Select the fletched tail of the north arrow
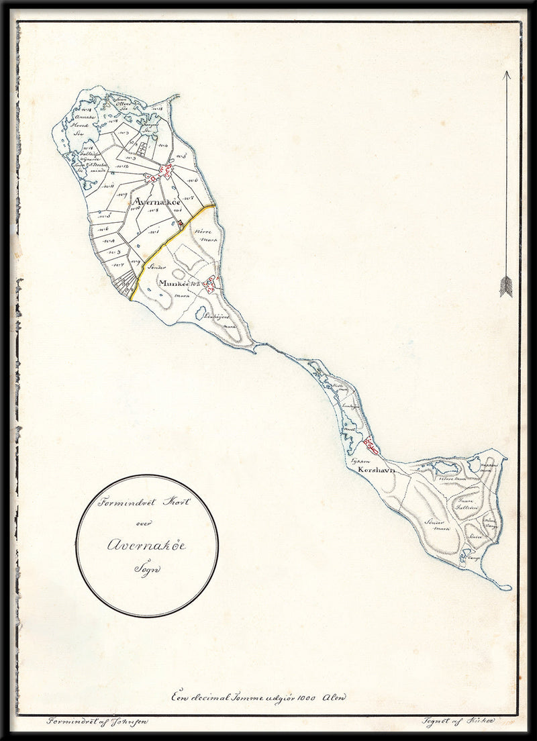tap(505, 287)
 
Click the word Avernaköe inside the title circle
tap(146, 545)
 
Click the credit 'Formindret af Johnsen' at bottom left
tap(98, 722)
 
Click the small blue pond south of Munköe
tap(201, 312)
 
